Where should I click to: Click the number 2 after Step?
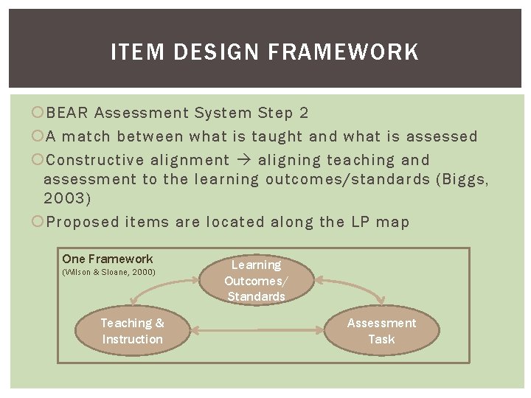coord(304,113)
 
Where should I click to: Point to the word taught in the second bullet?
coord(277,136)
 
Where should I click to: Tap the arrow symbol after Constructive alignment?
coord(244,160)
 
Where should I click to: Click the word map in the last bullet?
coord(392,222)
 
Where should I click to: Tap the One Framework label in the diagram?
coord(108,259)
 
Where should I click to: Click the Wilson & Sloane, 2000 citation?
coord(109,273)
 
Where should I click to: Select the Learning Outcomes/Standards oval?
coord(256,280)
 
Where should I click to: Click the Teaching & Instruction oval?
coord(132,331)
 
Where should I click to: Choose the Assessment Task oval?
coord(381,331)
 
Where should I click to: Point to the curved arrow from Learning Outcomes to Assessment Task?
coord(354,283)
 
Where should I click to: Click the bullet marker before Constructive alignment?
coord(38,160)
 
